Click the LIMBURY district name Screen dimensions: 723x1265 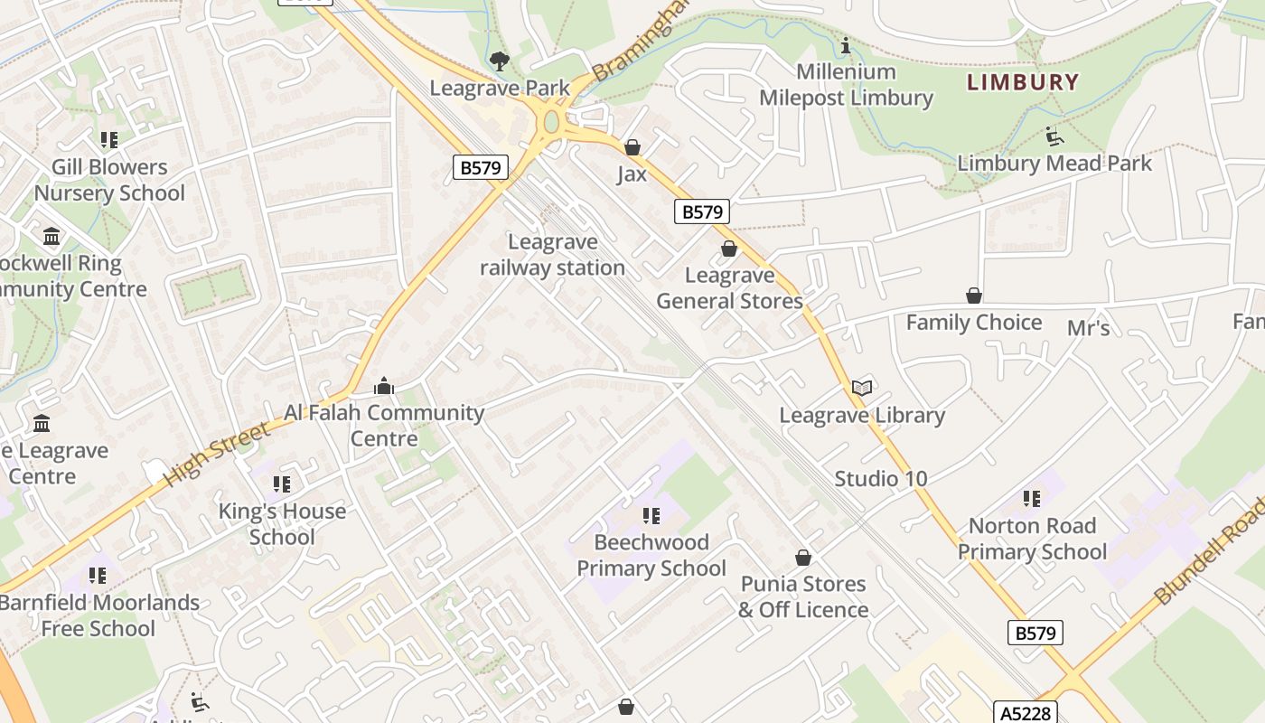(1023, 82)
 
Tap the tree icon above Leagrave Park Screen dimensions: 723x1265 (499, 61)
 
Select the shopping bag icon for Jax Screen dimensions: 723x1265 (632, 146)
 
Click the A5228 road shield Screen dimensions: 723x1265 (1026, 712)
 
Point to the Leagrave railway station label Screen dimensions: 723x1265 (552, 255)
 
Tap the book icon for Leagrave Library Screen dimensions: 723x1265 (862, 388)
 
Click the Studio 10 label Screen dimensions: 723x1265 (880, 479)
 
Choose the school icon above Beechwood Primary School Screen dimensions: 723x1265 (651, 516)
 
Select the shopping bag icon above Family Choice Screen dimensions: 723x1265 (974, 296)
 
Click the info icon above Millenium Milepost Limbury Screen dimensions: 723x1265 (846, 45)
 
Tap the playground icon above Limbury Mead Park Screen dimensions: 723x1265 (1054, 136)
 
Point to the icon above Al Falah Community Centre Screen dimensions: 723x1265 (384, 387)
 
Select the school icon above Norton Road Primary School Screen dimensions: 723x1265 (1031, 499)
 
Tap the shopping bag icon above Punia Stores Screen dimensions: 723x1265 (802, 558)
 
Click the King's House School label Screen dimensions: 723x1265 (282, 524)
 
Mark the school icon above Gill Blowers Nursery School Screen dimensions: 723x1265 (109, 140)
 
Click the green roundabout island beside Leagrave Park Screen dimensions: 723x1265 (551, 121)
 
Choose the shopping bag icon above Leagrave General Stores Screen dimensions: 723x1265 (729, 249)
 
